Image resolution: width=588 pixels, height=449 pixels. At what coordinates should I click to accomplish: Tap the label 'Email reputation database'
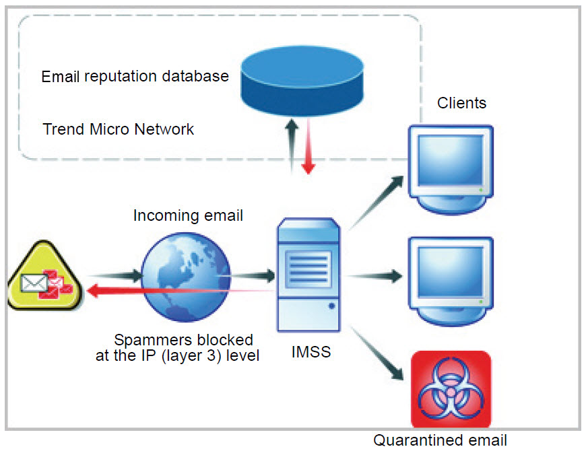[135, 77]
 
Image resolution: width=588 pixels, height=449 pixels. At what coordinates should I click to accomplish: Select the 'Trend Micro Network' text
[119, 129]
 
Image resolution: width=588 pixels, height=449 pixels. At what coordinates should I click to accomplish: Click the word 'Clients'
[461, 103]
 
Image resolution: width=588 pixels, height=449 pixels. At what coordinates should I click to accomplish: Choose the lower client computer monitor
[451, 276]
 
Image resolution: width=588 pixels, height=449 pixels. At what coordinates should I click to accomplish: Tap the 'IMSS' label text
[311, 351]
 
